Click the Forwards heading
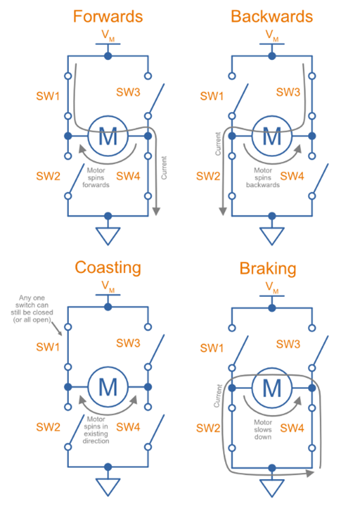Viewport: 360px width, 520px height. click(108, 16)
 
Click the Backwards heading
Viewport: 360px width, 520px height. click(272, 16)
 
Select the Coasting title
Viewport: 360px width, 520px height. click(108, 268)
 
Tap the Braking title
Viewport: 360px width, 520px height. click(268, 269)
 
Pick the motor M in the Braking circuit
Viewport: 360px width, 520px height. click(272, 388)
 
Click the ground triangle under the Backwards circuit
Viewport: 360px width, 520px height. click(272, 236)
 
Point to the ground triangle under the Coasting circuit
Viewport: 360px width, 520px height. click(108, 487)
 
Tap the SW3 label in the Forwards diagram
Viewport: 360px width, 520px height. click(128, 92)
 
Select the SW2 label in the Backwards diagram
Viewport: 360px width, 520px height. click(208, 176)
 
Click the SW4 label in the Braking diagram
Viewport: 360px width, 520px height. click(292, 428)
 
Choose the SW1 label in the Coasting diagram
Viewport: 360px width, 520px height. click(48, 347)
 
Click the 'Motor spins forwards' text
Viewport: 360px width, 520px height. click(96, 177)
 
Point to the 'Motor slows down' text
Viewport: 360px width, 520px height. click(263, 429)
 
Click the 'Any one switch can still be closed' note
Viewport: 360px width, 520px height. click(32, 308)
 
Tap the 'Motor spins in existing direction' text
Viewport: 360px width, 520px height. click(96, 430)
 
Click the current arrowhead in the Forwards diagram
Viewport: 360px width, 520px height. click(156, 212)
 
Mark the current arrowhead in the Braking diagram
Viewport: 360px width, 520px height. click(310, 473)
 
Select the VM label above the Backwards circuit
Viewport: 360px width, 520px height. click(272, 35)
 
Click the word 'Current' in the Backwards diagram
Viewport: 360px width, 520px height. click(217, 143)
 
